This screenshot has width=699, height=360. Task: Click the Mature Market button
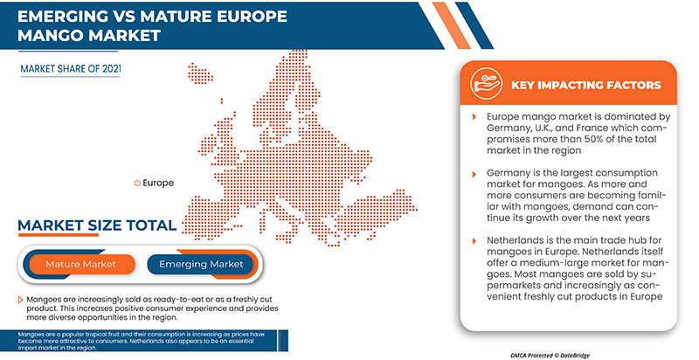pyautogui.click(x=80, y=264)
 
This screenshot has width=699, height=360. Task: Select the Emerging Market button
pyautogui.click(x=201, y=264)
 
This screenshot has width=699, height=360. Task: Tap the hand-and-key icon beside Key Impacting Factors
pyautogui.click(x=486, y=83)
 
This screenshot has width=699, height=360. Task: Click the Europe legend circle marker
pyautogui.click(x=137, y=183)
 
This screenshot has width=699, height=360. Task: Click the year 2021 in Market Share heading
pyautogui.click(x=112, y=69)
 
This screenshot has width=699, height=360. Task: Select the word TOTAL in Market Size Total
pyautogui.click(x=151, y=225)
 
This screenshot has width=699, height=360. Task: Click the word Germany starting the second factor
pyautogui.click(x=507, y=173)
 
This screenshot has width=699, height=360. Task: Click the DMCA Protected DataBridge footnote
pyautogui.click(x=550, y=355)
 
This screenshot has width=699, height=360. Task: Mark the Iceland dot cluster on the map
pyautogui.click(x=200, y=73)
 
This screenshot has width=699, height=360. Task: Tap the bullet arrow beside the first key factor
pyautogui.click(x=474, y=117)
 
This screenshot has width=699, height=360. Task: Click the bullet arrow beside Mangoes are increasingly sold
pyautogui.click(x=20, y=300)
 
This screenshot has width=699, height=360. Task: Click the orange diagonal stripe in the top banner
pyautogui.click(x=452, y=25)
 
